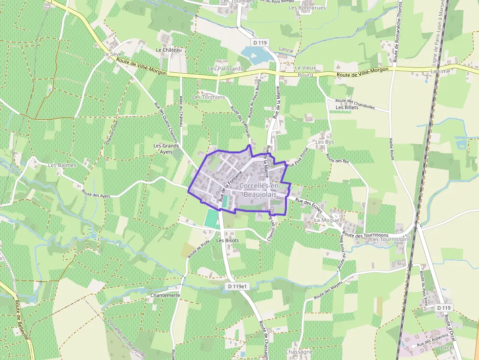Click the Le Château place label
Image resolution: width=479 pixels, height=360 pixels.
coord(169,50)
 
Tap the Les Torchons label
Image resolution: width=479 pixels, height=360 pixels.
coord(209,97)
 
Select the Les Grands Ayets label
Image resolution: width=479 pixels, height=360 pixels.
coord(166,148)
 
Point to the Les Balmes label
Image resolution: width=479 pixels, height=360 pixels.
coord(62,165)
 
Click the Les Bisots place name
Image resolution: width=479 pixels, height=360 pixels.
coord(228,240)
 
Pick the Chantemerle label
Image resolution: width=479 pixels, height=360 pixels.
coord(166,296)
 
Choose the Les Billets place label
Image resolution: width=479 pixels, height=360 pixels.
coord(347,107)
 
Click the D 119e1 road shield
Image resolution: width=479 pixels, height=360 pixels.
coord(239,286)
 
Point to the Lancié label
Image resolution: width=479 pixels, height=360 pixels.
coord(286,50)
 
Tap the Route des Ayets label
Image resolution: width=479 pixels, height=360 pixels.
coord(96,193)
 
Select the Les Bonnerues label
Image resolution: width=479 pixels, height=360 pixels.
coord(307,8)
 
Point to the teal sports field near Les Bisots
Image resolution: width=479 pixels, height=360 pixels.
coord(212,218)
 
